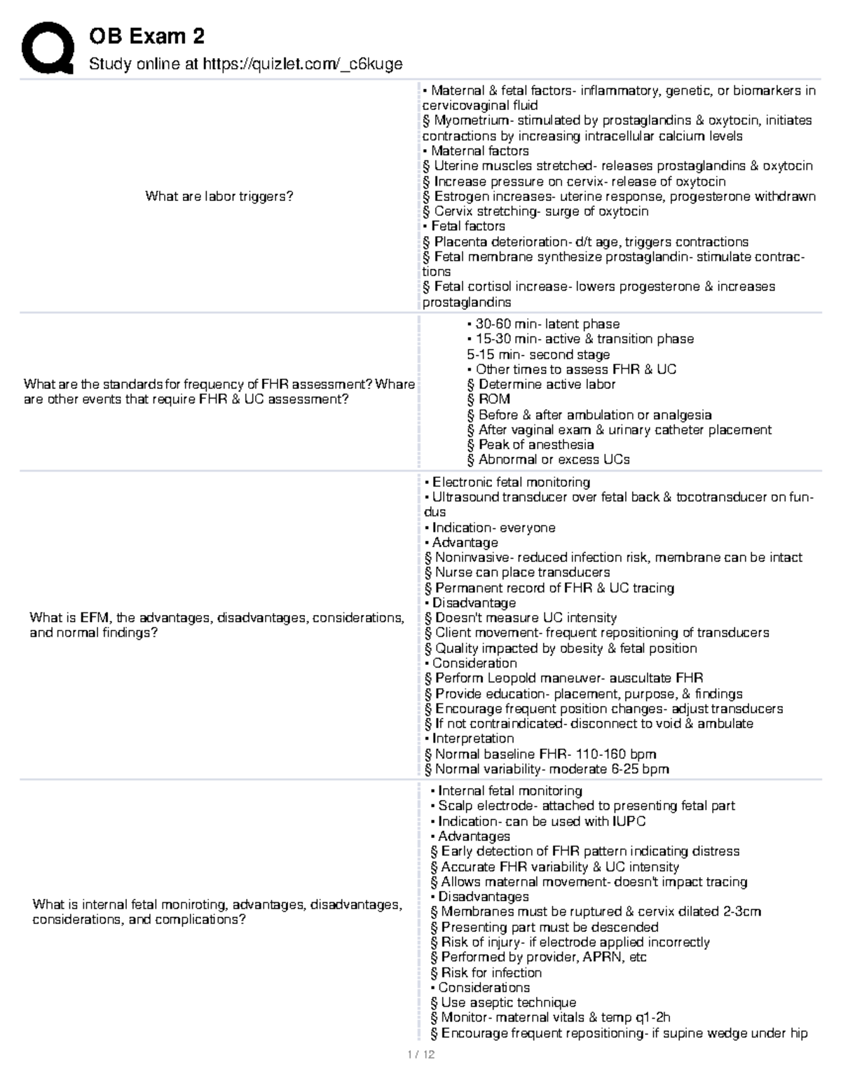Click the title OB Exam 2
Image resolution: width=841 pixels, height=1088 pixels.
tap(146, 36)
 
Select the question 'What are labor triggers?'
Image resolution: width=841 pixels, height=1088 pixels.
tap(219, 196)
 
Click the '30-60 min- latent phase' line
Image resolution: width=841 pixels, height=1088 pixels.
tap(547, 324)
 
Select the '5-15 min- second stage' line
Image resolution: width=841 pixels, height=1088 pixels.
tap(538, 354)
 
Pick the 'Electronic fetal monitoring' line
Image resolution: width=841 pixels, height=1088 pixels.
tap(510, 482)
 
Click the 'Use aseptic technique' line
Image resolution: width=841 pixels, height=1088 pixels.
tap(508, 1003)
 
